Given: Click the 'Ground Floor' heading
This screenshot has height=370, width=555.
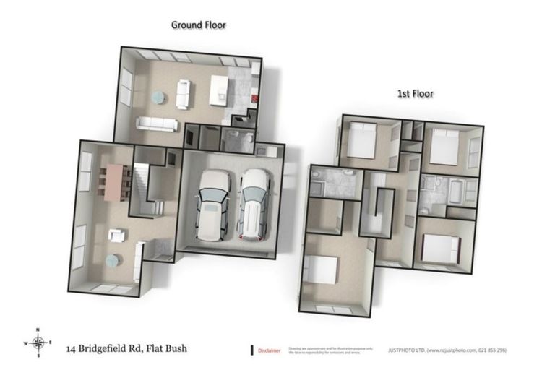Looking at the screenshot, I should (x=198, y=25).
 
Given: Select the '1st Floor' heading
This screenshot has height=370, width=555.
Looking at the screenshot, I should (x=416, y=94).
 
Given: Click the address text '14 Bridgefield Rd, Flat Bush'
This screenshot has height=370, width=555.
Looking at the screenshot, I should (x=126, y=349).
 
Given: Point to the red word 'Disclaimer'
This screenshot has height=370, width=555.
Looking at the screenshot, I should (x=270, y=350).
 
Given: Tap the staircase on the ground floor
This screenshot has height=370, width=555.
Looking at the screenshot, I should (x=142, y=185).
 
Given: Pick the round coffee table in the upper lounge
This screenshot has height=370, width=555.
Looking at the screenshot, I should (x=158, y=96).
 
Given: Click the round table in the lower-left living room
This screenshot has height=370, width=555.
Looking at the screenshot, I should (x=113, y=261).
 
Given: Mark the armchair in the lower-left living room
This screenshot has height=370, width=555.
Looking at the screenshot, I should (x=116, y=235).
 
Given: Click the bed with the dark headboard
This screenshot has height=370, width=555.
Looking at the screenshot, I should (x=441, y=248).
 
